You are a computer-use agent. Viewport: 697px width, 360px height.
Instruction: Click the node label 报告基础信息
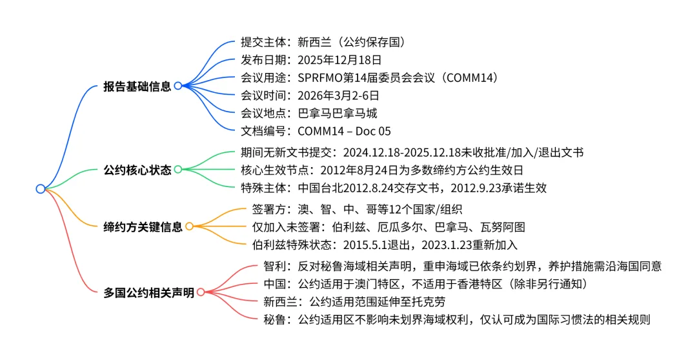point(137,86)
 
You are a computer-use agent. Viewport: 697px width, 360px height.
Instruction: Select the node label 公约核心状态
point(137,170)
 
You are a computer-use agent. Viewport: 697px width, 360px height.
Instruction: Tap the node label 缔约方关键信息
point(143,226)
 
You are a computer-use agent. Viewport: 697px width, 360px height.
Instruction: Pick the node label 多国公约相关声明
point(148,292)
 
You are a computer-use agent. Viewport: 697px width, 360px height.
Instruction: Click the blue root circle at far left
point(41,189)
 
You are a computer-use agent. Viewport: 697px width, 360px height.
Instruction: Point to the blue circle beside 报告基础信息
point(178,86)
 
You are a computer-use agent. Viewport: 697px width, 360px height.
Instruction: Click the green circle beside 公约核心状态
point(178,170)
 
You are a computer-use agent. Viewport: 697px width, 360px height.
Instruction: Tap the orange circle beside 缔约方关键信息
point(189,226)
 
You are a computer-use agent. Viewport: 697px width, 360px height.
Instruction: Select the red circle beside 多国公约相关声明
point(200,292)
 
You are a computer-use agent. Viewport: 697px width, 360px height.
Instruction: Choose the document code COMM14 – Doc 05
point(344,131)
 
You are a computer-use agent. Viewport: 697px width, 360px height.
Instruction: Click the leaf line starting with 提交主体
point(323,43)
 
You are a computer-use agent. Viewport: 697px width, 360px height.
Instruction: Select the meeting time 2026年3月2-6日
point(338,95)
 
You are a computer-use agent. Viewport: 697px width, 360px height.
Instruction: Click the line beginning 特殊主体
point(394,188)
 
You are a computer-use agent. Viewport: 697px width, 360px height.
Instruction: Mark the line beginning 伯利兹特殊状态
point(385,245)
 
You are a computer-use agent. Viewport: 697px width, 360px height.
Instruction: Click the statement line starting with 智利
point(463,266)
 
